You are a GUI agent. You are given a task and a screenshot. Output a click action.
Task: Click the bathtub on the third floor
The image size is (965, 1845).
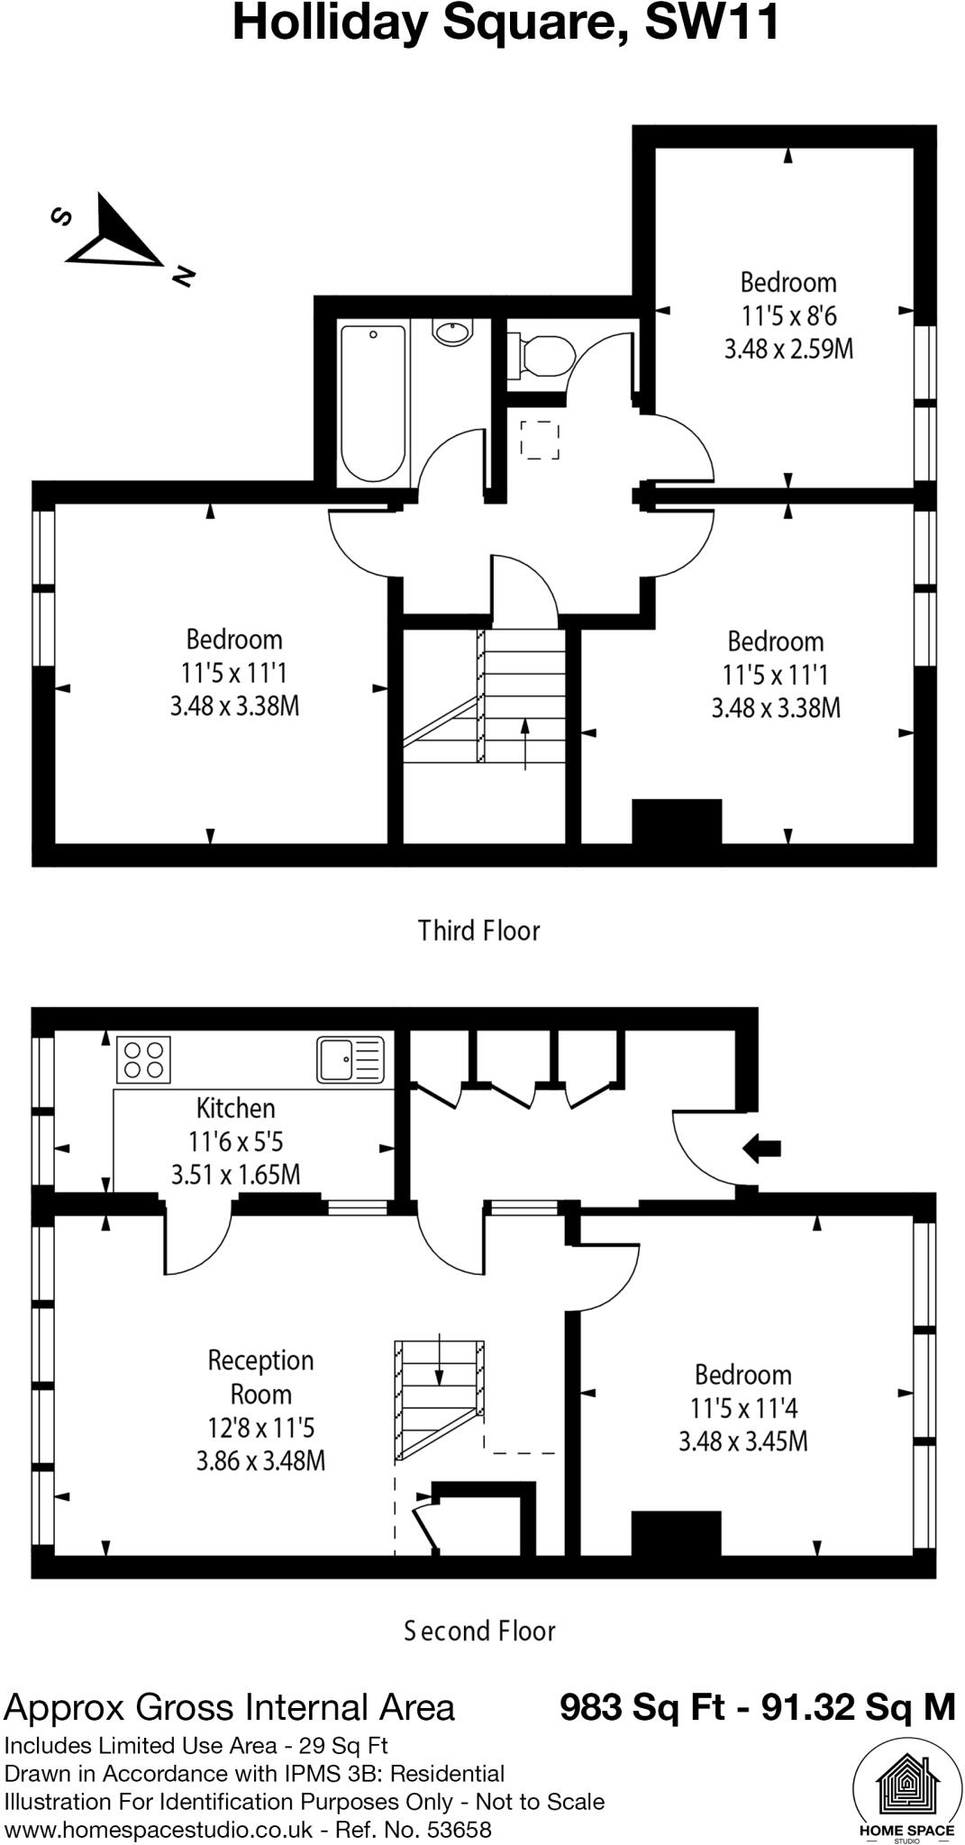373,404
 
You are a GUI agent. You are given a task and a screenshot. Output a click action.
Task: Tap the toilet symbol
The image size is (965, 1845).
542,355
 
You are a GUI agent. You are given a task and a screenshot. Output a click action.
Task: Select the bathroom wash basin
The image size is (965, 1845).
451,332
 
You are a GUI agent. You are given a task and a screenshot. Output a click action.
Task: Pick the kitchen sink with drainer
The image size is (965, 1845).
350,1059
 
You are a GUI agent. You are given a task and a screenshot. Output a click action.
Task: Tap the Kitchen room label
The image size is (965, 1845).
236,1108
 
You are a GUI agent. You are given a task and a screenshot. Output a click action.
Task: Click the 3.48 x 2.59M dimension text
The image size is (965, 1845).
788,350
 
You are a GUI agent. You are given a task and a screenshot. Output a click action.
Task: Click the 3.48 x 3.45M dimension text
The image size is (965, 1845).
742,1441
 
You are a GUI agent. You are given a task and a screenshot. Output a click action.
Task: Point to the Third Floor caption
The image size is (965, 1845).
478,931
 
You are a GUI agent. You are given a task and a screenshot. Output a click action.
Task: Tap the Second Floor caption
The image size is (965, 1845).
479,1631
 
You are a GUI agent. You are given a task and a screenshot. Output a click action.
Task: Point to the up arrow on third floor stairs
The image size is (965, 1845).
525,743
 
